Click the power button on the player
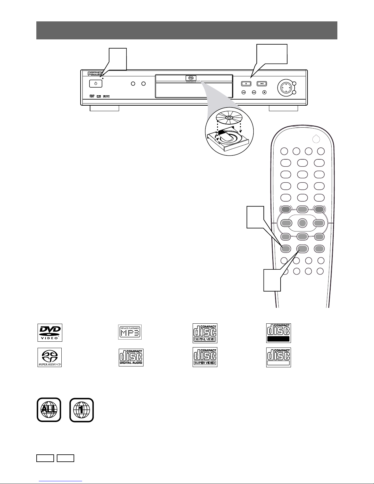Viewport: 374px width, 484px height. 96,84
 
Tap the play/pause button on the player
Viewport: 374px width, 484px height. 262,83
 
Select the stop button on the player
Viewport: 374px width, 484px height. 265,92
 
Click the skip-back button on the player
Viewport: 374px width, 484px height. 244,92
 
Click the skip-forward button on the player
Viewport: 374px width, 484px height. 254,92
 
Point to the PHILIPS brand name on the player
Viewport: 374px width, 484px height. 95,74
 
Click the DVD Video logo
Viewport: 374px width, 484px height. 50,333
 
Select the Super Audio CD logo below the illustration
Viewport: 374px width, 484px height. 49,357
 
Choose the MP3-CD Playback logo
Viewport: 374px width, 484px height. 130,332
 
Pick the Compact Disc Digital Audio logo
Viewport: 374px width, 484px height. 131,358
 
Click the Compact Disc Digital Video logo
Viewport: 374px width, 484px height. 205,333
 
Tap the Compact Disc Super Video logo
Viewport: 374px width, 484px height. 205,357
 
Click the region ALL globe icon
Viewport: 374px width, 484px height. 49,410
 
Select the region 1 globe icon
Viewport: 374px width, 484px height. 82,410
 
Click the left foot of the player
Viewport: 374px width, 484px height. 104,109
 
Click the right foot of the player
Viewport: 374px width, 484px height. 283,109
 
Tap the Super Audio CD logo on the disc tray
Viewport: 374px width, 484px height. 191,78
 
